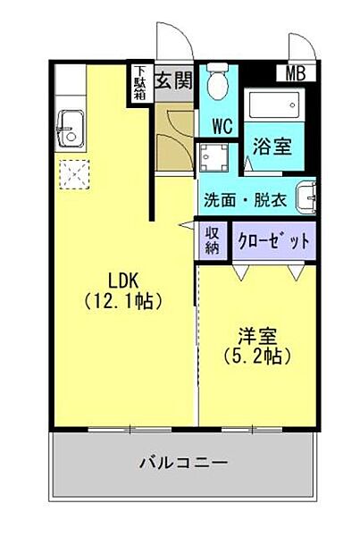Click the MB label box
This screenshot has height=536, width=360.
(x=295, y=74)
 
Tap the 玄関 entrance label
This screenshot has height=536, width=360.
(x=174, y=81)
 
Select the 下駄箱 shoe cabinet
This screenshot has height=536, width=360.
(x=140, y=83)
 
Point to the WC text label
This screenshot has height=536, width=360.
(x=222, y=125)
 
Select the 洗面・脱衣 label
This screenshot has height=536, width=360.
(x=244, y=199)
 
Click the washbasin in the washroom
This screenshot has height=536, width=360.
(x=306, y=196)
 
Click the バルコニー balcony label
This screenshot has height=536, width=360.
(x=183, y=464)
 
